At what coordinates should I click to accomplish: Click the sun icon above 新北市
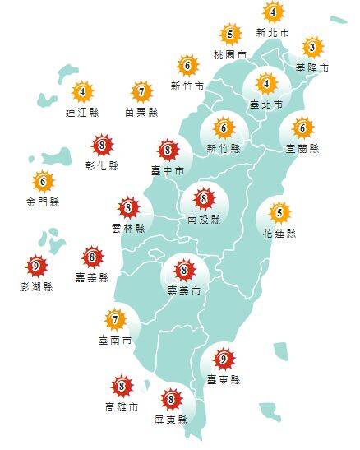click(273, 12)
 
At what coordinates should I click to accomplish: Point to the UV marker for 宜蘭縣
click(302, 128)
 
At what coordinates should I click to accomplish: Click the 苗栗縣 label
click(142, 114)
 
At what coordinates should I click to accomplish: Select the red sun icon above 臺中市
click(168, 150)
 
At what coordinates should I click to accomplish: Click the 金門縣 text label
click(43, 202)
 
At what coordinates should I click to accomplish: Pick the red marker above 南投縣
click(203, 198)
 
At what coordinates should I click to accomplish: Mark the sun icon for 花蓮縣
click(279, 213)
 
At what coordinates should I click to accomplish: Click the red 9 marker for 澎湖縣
click(36, 266)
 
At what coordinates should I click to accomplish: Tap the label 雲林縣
click(127, 228)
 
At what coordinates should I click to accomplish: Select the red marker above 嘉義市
click(184, 269)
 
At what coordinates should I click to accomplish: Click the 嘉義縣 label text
click(92, 278)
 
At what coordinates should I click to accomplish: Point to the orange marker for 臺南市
click(116, 318)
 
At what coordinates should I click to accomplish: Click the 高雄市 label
click(122, 406)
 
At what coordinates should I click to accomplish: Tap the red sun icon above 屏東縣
click(172, 400)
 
